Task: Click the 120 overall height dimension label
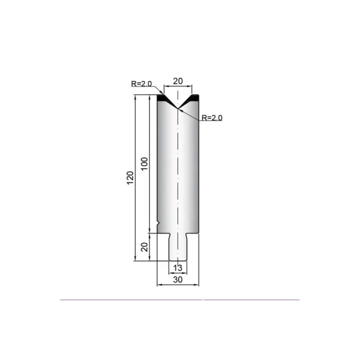tap(130, 178)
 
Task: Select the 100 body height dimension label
tap(144, 164)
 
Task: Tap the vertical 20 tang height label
tap(145, 247)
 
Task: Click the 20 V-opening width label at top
tap(178, 81)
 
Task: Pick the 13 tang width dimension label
tap(178, 268)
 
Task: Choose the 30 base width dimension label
tap(178, 280)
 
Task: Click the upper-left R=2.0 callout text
tap(142, 84)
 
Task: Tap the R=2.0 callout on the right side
tap(212, 118)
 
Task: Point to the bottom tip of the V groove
tap(178, 109)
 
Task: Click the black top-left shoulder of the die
tap(163, 98)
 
